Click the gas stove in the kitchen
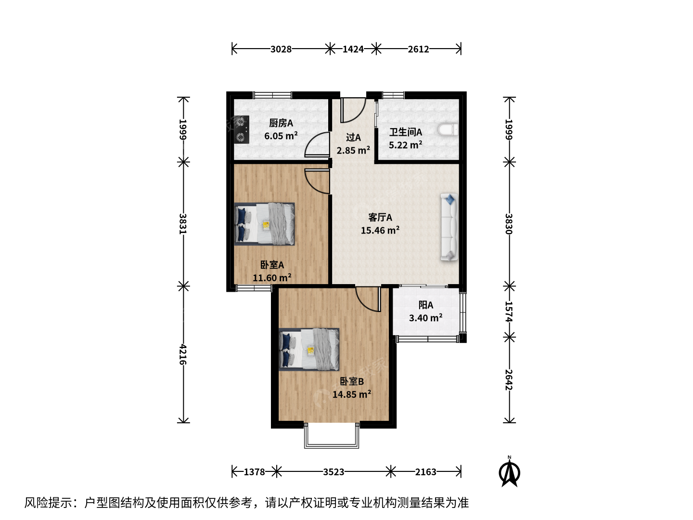[242, 130]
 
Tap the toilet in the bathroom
[448, 130]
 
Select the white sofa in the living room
[449, 227]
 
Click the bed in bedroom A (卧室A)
[265, 224]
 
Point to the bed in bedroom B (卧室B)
[309, 349]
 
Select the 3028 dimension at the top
[281, 49]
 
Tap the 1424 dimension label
[353, 49]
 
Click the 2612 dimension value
[418, 49]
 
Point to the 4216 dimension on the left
[183, 354]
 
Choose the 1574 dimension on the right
[509, 312]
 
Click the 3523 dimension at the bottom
[334, 472]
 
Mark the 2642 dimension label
[509, 380]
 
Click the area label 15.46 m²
[380, 230]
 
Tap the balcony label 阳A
[425, 305]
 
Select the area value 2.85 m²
[353, 150]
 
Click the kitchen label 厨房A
[281, 123]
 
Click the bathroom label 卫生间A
[406, 132]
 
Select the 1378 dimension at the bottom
[255, 472]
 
